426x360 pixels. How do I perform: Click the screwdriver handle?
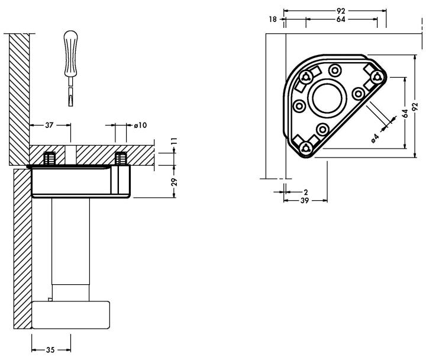click(70, 48)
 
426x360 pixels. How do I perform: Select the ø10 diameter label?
click(141, 125)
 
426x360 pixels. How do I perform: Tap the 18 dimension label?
click(273, 20)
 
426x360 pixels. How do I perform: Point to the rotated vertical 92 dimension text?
click(415, 107)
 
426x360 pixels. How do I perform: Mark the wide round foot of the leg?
click(71, 315)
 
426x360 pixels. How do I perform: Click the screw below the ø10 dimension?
click(121, 159)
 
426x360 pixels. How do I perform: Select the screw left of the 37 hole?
click(50, 159)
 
